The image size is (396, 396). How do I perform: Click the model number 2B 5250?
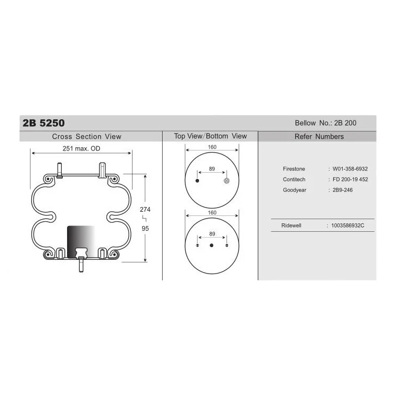pyautogui.click(x=43, y=123)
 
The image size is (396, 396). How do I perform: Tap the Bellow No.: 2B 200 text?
pyautogui.click(x=326, y=123)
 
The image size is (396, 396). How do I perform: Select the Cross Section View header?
pyautogui.click(x=87, y=136)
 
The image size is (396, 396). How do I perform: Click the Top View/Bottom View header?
pyautogui.click(x=210, y=136)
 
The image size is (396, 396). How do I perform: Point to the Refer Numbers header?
pyautogui.click(x=319, y=136)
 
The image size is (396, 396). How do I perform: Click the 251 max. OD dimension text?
pyautogui.click(x=81, y=148)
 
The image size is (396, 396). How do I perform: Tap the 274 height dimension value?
pyautogui.click(x=145, y=210)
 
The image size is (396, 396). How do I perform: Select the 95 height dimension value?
pyautogui.click(x=145, y=229)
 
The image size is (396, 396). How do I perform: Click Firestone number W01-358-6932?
pyautogui.click(x=350, y=169)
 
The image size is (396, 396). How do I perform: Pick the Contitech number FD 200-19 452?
pyautogui.click(x=350, y=180)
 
